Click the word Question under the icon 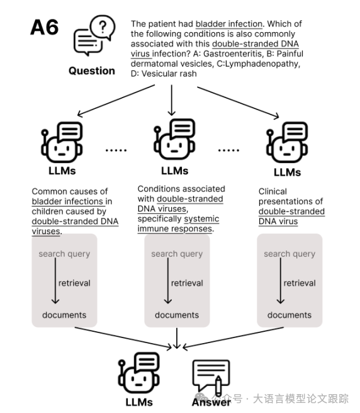pyautogui.click(x=92, y=71)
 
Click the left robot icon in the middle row pyautogui.click(x=62, y=141)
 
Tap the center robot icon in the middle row pyautogui.click(x=174, y=138)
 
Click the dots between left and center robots pyautogui.click(x=115, y=150)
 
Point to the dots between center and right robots pyautogui.click(x=228, y=150)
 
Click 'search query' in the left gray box pyautogui.click(x=64, y=254)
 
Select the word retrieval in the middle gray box pyautogui.click(x=187, y=283)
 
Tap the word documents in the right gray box pyautogui.click(x=290, y=315)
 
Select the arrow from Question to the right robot pyautogui.click(x=239, y=101)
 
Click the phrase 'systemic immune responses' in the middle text pyautogui.click(x=178, y=223)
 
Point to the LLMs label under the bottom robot pyautogui.click(x=139, y=402)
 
